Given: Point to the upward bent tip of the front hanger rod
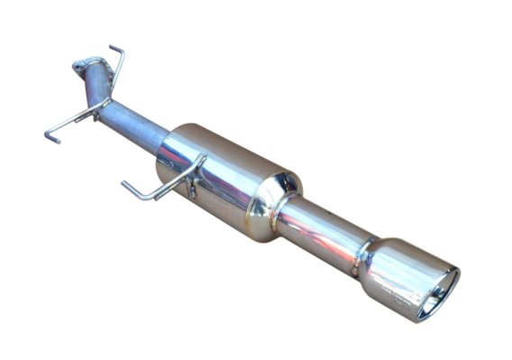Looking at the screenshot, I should (x=114, y=50).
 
